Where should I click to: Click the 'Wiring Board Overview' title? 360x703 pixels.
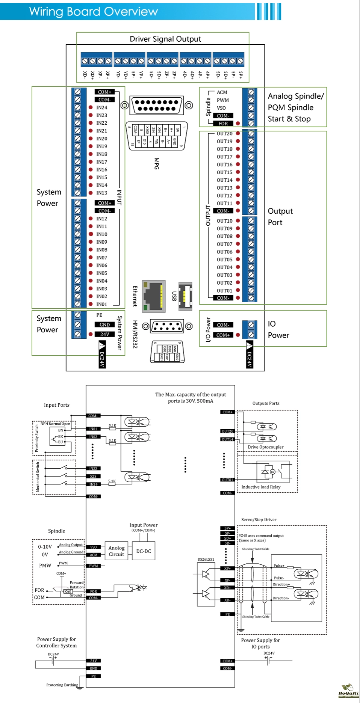[x=94, y=12]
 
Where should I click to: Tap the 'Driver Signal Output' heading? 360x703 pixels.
[x=165, y=39]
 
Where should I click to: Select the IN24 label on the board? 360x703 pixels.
[x=101, y=108]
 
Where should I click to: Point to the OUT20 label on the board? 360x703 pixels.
[x=224, y=134]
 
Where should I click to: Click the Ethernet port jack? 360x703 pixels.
[x=154, y=296]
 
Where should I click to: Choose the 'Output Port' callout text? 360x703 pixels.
[x=280, y=217]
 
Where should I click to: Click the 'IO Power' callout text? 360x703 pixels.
[x=278, y=329]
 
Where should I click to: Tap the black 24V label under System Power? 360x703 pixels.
[x=104, y=334]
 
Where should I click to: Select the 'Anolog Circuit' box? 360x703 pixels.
[x=116, y=551]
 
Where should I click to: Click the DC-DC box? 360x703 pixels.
[x=144, y=551]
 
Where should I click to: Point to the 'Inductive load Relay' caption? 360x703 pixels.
[x=261, y=487]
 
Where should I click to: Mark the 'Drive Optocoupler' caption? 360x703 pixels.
[x=266, y=447]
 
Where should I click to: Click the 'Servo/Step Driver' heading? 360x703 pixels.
[x=259, y=520]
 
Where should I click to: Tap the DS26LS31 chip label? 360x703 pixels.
[x=206, y=560]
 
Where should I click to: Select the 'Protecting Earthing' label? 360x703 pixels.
[x=62, y=685]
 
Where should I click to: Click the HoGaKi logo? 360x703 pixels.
[x=348, y=691]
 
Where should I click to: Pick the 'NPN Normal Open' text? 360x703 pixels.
[x=55, y=424]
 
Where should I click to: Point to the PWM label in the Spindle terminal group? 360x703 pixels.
[x=222, y=100]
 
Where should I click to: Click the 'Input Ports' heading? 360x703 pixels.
[x=57, y=405]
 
